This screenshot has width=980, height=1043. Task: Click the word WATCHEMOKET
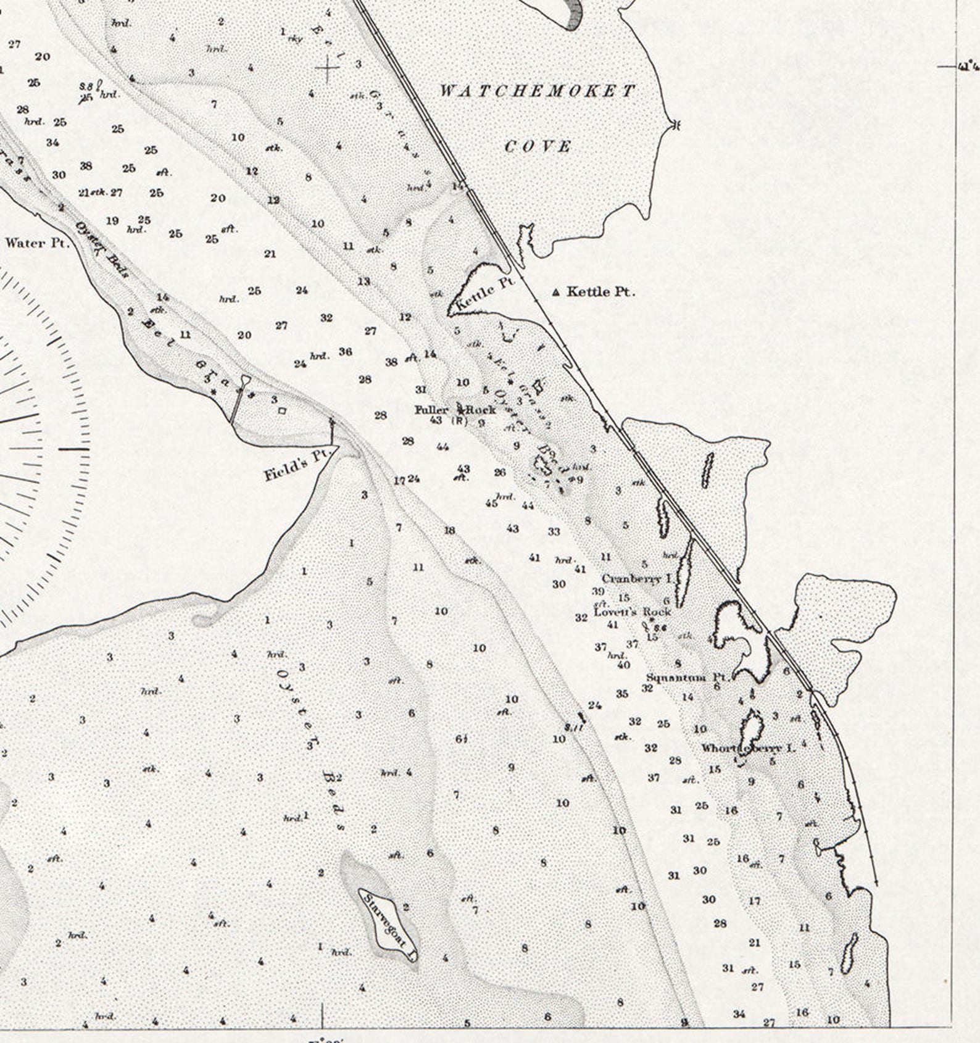point(537,91)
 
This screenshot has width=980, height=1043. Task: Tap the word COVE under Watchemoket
point(538,147)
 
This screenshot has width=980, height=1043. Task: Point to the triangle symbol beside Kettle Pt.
point(557,292)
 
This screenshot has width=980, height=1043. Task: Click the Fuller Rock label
point(455,410)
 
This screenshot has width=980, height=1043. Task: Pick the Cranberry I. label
point(636,579)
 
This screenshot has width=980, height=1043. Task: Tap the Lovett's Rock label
point(632,612)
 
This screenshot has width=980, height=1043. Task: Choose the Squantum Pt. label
point(687,678)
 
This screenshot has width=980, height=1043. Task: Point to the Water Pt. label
point(36,243)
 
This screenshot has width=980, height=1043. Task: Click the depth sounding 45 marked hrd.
point(491,503)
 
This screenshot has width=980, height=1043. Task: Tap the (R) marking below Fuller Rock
point(460,422)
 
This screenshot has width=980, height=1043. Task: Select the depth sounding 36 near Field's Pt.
point(346,352)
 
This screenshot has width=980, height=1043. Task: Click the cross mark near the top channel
point(328,69)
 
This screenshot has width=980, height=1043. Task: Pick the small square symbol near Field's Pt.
point(282,410)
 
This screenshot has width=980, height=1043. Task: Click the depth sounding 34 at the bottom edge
point(739,1013)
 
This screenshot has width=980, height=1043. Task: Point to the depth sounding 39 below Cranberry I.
point(598,591)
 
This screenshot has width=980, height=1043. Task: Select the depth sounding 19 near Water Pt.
point(112,221)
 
